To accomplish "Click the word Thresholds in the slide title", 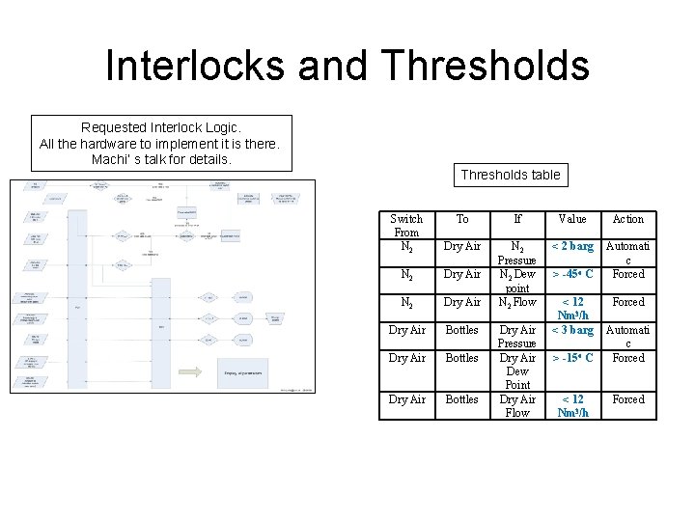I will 485,67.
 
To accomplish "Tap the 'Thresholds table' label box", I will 510,175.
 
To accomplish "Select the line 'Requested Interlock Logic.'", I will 161,127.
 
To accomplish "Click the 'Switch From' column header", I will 406,226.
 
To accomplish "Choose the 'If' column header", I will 517,219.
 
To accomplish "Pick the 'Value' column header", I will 572,219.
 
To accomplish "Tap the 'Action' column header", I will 628,219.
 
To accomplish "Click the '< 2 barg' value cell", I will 572,247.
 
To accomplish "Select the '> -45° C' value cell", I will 572,274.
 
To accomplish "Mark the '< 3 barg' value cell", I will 572,330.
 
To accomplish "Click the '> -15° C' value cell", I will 572,358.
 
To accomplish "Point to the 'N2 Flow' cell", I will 517,302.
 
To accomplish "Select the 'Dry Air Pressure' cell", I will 517,337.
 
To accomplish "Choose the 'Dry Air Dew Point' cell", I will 517,371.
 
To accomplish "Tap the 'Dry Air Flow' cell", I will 517,406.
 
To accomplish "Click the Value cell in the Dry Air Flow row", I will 572,406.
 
